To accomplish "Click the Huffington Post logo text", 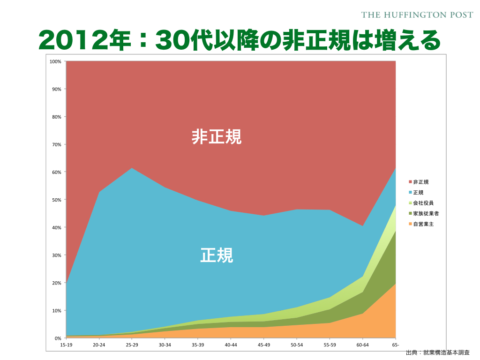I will tap(417, 15).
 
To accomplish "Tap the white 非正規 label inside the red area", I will tap(217, 137).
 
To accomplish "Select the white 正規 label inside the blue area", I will tap(217, 255).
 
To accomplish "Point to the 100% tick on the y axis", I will tap(55, 61).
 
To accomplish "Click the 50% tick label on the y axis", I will tap(56, 200).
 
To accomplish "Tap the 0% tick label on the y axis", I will tap(58, 338).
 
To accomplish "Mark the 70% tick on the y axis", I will tap(56, 144).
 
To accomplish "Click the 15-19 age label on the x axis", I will tap(66, 345).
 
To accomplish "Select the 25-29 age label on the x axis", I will tap(132, 345).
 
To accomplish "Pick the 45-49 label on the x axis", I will tap(263, 345).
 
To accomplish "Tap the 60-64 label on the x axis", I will tap(362, 345).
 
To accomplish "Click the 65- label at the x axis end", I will tap(395, 345).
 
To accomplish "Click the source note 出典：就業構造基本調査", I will tap(437, 352).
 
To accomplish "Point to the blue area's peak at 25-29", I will tap(132, 169).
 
